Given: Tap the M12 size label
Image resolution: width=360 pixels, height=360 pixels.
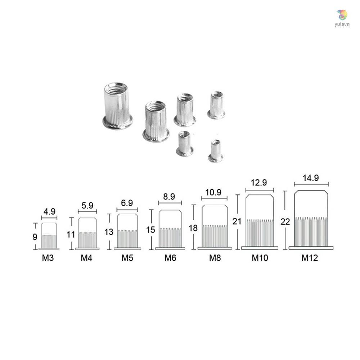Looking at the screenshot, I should pyautogui.click(x=310, y=258).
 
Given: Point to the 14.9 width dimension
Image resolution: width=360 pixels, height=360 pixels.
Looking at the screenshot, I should pyautogui.click(x=311, y=178).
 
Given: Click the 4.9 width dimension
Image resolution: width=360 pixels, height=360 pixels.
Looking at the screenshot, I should pyautogui.click(x=49, y=212).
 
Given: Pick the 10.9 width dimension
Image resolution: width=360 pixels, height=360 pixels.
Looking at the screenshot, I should pyautogui.click(x=215, y=192).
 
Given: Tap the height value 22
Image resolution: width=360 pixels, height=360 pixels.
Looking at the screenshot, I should pyautogui.click(x=285, y=222).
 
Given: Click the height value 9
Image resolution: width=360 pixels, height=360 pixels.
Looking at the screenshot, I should pyautogui.click(x=35, y=237).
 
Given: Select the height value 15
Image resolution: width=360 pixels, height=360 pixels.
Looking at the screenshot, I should pyautogui.click(x=152, y=230).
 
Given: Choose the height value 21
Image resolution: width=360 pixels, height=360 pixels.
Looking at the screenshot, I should pyautogui.click(x=237, y=221).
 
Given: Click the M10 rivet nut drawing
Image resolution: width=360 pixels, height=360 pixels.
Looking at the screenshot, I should pyautogui.click(x=260, y=222).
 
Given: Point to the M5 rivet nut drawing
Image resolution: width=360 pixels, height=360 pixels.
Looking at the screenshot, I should pyautogui.click(x=127, y=231).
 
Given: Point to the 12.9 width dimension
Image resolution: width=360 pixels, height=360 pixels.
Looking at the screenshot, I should pyautogui.click(x=260, y=183).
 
